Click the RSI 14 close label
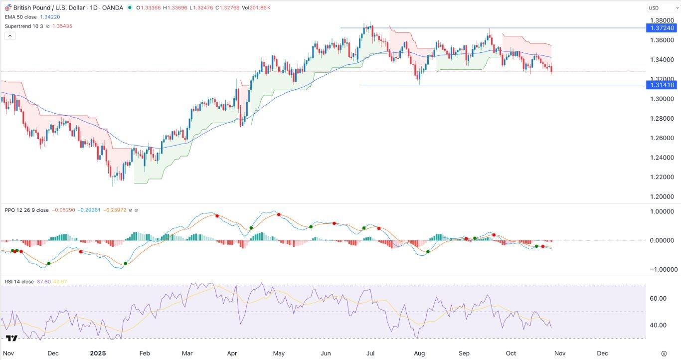(x=19, y=282)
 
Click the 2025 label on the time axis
(x=98, y=354)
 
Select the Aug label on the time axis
(x=419, y=354)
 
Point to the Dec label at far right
(x=602, y=354)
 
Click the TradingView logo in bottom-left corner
(x=12, y=338)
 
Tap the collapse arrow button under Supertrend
(x=9, y=36)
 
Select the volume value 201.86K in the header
(x=257, y=7)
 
